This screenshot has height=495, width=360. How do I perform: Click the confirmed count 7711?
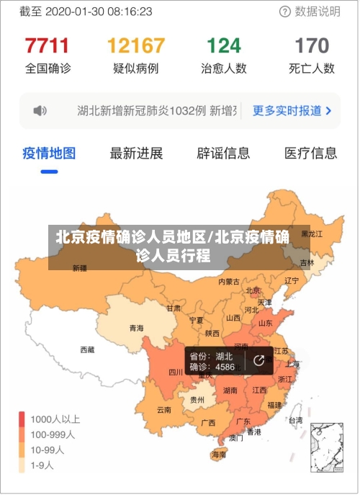pyautogui.click(x=48, y=46)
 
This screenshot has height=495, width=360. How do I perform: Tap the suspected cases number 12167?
pyautogui.click(x=136, y=46)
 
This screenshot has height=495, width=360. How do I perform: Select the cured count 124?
pyautogui.click(x=224, y=46)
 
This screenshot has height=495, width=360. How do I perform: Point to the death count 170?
pyautogui.click(x=312, y=46)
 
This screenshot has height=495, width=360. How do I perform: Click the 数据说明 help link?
pyautogui.click(x=310, y=12)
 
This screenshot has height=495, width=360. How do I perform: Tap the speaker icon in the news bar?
pyautogui.click(x=40, y=111)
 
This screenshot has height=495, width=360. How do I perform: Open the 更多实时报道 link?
pyautogui.click(x=292, y=111)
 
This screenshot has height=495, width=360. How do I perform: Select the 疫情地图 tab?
pyautogui.click(x=49, y=153)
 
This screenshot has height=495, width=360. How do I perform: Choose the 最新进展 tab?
pyautogui.click(x=136, y=153)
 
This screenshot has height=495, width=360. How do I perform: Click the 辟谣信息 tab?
pyautogui.click(x=223, y=153)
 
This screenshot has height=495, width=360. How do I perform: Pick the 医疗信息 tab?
pyautogui.click(x=310, y=153)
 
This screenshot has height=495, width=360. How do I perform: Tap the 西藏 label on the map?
pyautogui.click(x=87, y=349)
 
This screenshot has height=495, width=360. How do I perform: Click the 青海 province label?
pyautogui.click(x=136, y=328)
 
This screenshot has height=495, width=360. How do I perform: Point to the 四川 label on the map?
pyautogui.click(x=176, y=373)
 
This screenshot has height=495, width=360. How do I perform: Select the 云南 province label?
pyautogui.click(x=164, y=410)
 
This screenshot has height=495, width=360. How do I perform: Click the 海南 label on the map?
pyautogui.click(x=219, y=455)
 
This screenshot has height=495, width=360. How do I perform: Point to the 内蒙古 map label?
pyautogui.click(x=230, y=282)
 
